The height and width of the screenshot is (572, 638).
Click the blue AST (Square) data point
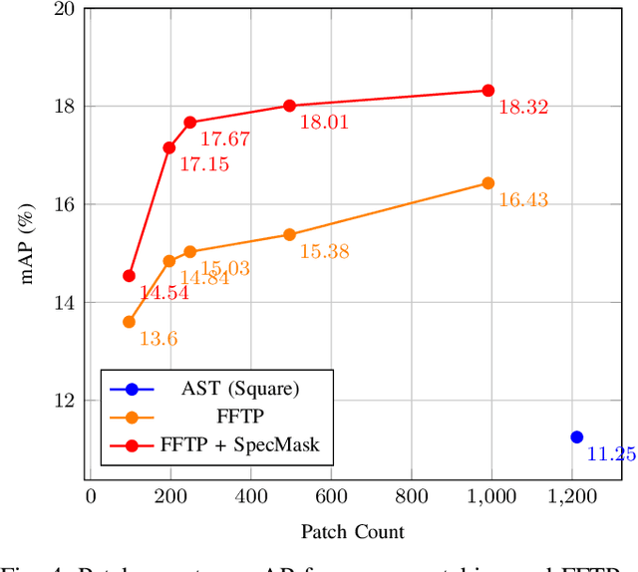tap(576, 436)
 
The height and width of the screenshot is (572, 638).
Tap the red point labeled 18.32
tap(488, 90)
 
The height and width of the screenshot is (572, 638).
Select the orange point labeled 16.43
tap(488, 182)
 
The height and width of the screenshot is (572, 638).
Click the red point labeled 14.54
tap(129, 275)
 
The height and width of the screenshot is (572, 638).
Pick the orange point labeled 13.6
tap(129, 322)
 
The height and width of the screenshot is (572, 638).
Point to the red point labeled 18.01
tap(289, 106)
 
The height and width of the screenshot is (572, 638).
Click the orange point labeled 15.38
tap(289, 234)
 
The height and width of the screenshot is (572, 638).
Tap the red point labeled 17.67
tap(189, 122)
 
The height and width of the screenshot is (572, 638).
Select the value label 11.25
tap(611, 454)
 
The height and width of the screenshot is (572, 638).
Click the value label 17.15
tap(204, 164)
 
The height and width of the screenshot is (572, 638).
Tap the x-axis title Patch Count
tap(354, 531)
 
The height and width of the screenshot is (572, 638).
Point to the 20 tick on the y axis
tap(64, 9)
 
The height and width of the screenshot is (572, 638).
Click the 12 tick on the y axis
tap(64, 400)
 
